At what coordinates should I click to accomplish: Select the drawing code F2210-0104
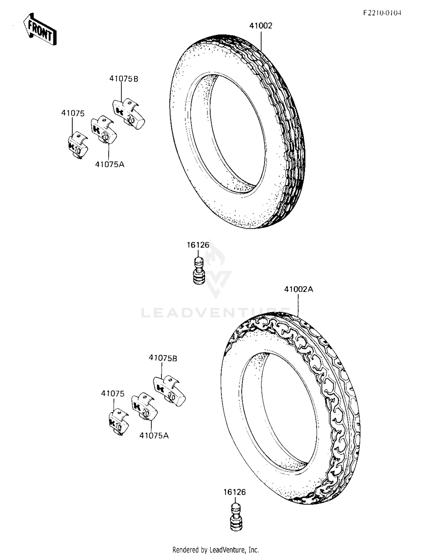[382, 13]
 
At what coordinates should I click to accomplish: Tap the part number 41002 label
[261, 26]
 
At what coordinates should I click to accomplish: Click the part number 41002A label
[298, 289]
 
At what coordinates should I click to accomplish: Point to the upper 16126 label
[198, 245]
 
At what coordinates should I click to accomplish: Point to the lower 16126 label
[234, 492]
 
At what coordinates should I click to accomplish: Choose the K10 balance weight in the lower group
[118, 422]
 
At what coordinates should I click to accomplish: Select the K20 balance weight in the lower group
[144, 406]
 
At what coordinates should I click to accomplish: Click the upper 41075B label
[124, 79]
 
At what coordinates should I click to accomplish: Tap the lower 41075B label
[163, 358]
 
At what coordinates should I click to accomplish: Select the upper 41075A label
[110, 164]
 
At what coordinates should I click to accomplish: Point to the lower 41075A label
[154, 436]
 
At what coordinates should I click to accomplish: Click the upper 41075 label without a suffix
[73, 113]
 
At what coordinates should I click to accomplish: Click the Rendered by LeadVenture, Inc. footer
[216, 550]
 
